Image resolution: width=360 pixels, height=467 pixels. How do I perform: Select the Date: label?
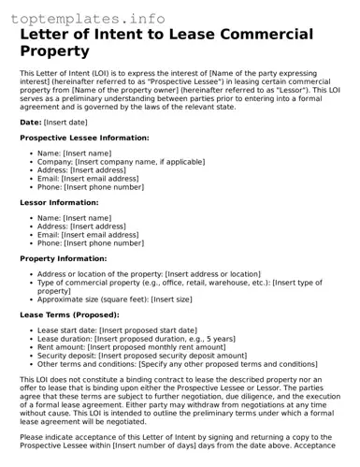pyautogui.click(x=31, y=122)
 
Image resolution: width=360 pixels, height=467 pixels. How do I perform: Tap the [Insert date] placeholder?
pyautogui.click(x=65, y=122)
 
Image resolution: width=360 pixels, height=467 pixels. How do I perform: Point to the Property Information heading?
pyautogui.click(x=64, y=258)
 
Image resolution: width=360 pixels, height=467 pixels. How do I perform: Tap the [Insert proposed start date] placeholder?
pyautogui.click(x=148, y=330)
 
